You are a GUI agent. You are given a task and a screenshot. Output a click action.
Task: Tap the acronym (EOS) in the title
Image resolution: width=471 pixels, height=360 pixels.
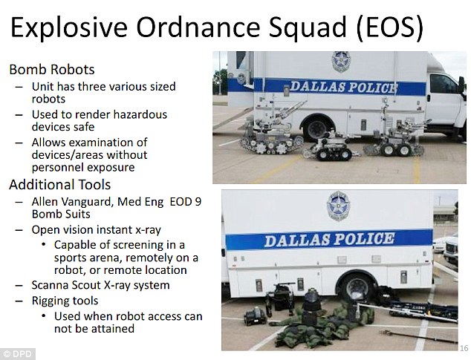click(390, 27)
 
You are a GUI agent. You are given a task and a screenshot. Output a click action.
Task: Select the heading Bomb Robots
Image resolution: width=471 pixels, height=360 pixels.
click(52, 70)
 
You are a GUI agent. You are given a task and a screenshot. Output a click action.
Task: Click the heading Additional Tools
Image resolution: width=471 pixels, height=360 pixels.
click(60, 185)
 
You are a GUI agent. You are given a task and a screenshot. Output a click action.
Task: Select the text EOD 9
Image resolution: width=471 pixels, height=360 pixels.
click(185, 201)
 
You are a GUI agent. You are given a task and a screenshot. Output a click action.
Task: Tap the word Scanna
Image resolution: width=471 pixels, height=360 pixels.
click(49, 285)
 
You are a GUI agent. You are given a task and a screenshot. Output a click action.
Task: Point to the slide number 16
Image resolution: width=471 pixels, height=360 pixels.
click(464, 348)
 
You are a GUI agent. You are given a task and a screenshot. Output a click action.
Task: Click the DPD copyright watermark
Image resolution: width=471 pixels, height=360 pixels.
click(18, 354)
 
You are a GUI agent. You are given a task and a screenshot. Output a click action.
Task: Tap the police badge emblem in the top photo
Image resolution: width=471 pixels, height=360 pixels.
click(341, 62)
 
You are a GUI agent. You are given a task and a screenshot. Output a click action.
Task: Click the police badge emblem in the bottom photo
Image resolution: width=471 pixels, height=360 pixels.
click(339, 206)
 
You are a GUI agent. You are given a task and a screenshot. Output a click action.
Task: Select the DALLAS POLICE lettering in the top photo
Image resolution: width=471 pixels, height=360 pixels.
click(344, 88)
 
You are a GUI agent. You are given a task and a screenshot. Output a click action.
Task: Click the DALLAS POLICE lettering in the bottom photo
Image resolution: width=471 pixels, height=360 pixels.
click(330, 240)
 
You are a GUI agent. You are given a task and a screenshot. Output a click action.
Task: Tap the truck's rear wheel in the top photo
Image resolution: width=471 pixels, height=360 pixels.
click(317, 128)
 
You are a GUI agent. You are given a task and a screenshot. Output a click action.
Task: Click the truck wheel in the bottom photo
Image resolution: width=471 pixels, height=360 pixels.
click(357, 287)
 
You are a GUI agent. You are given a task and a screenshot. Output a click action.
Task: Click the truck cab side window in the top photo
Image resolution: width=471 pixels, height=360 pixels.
click(443, 84)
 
